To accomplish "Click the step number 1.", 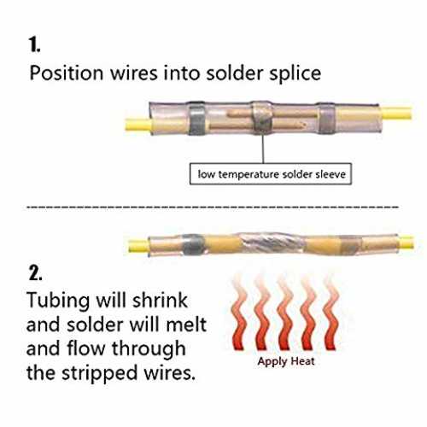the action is click(34, 45).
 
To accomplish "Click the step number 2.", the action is click(35, 273).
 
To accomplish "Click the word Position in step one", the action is click(67, 73).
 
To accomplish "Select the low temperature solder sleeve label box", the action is click(271, 173).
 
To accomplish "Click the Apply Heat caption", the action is click(286, 362).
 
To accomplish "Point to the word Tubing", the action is click(58, 301).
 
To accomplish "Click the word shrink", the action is click(160, 300).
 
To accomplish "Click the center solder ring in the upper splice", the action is click(262, 118).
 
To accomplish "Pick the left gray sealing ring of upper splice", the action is click(197, 119).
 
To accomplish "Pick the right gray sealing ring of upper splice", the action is click(326, 118).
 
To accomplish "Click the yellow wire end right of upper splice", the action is click(396, 113).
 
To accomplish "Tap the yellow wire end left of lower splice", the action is click(138, 246).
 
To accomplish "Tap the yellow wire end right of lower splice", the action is click(407, 242).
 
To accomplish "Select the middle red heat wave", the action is click(284, 313).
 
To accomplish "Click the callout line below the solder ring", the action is click(263, 149).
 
